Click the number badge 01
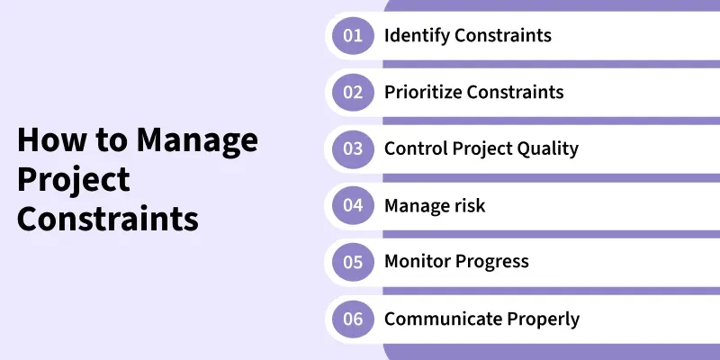(x=352, y=36)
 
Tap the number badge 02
(x=352, y=93)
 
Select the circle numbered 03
(x=352, y=149)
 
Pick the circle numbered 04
(x=352, y=205)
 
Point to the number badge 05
(x=352, y=262)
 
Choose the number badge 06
(x=352, y=319)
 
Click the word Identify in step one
(x=416, y=36)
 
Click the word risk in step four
(x=467, y=205)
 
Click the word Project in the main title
(x=74, y=180)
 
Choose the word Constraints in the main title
(x=108, y=219)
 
